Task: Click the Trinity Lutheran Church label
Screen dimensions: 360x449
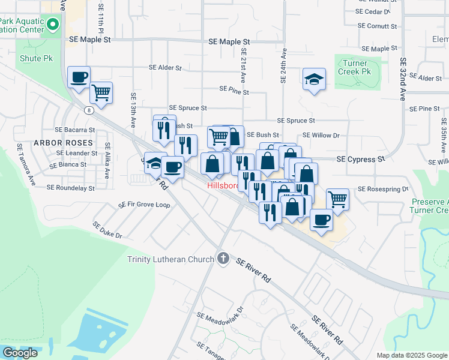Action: tap(170, 259)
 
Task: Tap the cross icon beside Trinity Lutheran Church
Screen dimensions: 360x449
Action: tap(223, 259)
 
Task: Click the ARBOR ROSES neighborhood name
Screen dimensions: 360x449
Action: tap(63, 143)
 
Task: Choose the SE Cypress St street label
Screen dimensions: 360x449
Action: tap(360, 160)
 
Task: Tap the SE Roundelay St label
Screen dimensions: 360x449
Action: tap(71, 188)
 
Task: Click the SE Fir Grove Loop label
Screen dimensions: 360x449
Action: tap(145, 205)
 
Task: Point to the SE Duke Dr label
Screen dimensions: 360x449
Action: tap(107, 230)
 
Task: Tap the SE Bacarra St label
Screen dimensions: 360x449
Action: tap(75, 130)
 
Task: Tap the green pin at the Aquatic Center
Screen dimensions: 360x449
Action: tap(52, 25)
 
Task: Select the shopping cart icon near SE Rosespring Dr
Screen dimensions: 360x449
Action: tap(338, 199)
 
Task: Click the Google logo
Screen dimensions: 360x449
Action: tap(20, 353)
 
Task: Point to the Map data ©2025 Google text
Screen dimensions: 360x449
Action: tap(412, 355)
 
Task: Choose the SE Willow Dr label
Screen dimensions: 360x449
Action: tap(321, 136)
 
